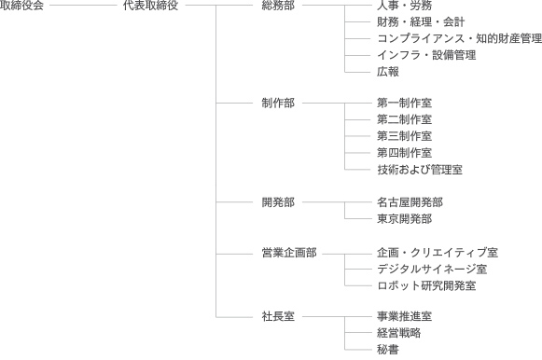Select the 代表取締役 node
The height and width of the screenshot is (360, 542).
point(150,7)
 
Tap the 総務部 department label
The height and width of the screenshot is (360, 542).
point(278,7)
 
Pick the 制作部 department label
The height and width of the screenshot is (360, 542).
point(278,102)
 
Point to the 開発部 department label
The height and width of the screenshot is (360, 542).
point(278,201)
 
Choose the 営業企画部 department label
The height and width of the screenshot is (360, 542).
point(289,252)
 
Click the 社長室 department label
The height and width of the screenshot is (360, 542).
point(278,316)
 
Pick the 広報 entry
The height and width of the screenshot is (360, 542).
point(388,71)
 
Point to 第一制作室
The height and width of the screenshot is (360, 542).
point(405,102)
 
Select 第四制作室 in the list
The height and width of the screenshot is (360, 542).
point(405,152)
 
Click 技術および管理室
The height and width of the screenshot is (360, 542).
point(420,169)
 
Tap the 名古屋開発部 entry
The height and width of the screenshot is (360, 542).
point(410,201)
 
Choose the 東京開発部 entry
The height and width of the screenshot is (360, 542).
point(405,218)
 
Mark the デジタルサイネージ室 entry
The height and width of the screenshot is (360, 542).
point(432,269)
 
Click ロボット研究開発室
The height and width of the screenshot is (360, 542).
point(426,285)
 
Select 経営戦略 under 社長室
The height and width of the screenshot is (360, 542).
point(399,333)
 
